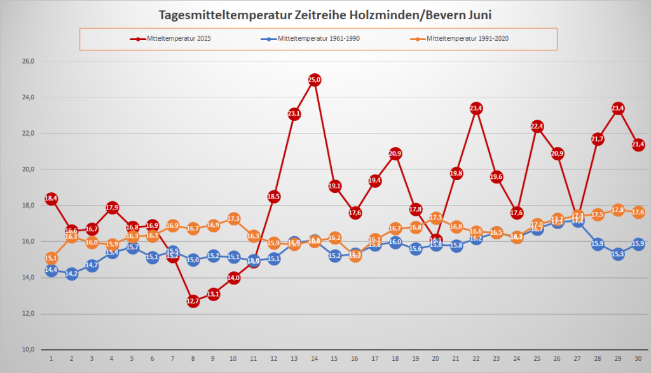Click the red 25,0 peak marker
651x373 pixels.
(x=314, y=80)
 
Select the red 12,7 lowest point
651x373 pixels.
(x=193, y=301)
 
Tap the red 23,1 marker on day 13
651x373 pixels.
(x=294, y=114)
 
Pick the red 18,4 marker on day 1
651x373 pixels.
(x=51, y=199)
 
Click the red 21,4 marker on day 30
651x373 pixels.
(x=638, y=144)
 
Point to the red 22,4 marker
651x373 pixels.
(x=537, y=126)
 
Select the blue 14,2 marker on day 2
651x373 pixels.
(x=71, y=274)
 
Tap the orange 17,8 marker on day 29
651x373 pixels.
(x=618, y=209)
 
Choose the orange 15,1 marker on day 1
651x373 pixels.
(x=51, y=258)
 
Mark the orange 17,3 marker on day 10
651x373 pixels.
(x=233, y=218)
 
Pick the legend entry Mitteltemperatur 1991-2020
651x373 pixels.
(x=468, y=39)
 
